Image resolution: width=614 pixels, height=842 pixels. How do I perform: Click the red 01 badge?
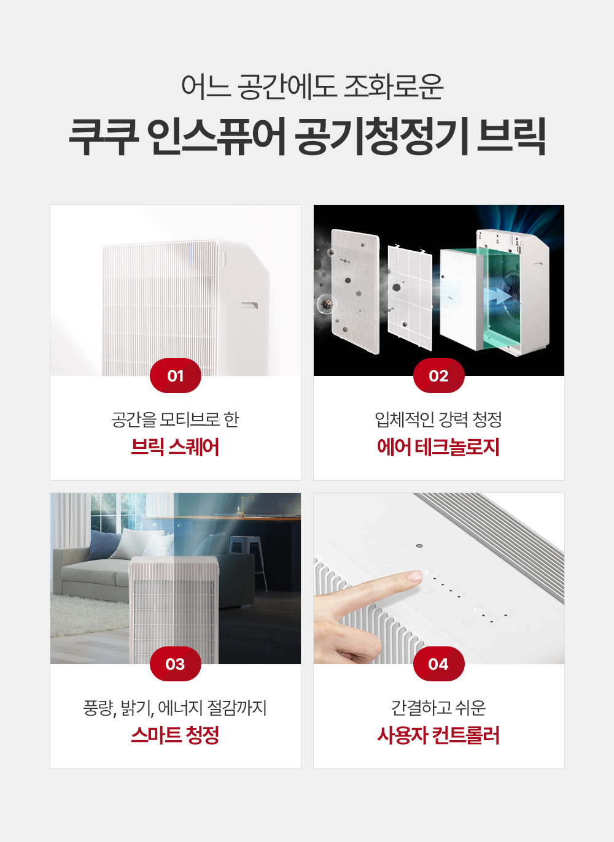click(176, 375)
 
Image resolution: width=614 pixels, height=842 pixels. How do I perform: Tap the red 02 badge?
click(438, 375)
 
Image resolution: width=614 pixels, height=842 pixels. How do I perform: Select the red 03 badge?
click(176, 664)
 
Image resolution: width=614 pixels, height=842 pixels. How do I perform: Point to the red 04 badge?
click(438, 664)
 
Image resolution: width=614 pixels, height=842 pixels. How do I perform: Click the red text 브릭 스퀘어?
click(175, 447)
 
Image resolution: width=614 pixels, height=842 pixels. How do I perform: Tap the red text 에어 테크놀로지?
click(438, 447)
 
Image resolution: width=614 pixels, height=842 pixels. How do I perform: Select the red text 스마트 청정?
click(175, 735)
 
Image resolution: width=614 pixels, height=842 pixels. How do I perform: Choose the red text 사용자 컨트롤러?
click(438, 735)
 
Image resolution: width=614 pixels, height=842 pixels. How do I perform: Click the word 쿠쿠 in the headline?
click(104, 136)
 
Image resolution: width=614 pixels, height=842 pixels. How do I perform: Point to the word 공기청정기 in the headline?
click(381, 136)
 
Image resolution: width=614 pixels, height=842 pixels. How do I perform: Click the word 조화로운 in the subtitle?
click(394, 87)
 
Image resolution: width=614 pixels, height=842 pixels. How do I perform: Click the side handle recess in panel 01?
click(249, 305)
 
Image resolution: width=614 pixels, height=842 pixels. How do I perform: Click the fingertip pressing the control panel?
click(416, 575)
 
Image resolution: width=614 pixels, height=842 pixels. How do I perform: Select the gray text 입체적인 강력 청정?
click(438, 419)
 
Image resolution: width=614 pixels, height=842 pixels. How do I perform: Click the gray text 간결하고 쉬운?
click(438, 708)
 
